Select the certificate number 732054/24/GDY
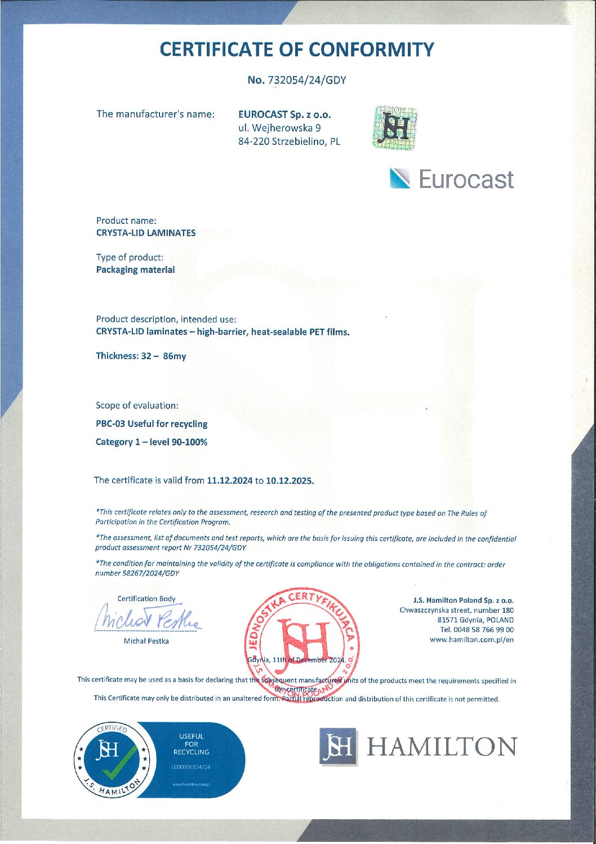(x=306, y=80)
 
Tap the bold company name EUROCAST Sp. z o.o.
(x=284, y=114)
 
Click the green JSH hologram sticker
(x=394, y=128)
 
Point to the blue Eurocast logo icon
(x=401, y=179)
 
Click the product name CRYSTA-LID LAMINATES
(x=146, y=233)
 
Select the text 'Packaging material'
(x=135, y=270)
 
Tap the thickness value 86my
(x=174, y=356)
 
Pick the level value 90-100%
(x=189, y=442)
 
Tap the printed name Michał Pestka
(x=146, y=641)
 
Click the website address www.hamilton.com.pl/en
(x=472, y=640)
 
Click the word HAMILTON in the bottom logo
(x=441, y=747)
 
